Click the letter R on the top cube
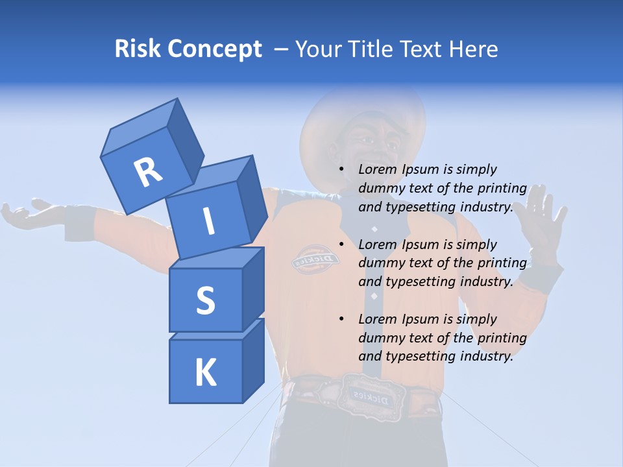[148, 173]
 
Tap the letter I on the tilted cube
[208, 221]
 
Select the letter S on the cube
[205, 300]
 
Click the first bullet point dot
[342, 169]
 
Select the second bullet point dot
[342, 245]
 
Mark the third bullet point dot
[342, 319]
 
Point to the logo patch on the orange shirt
[315, 259]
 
